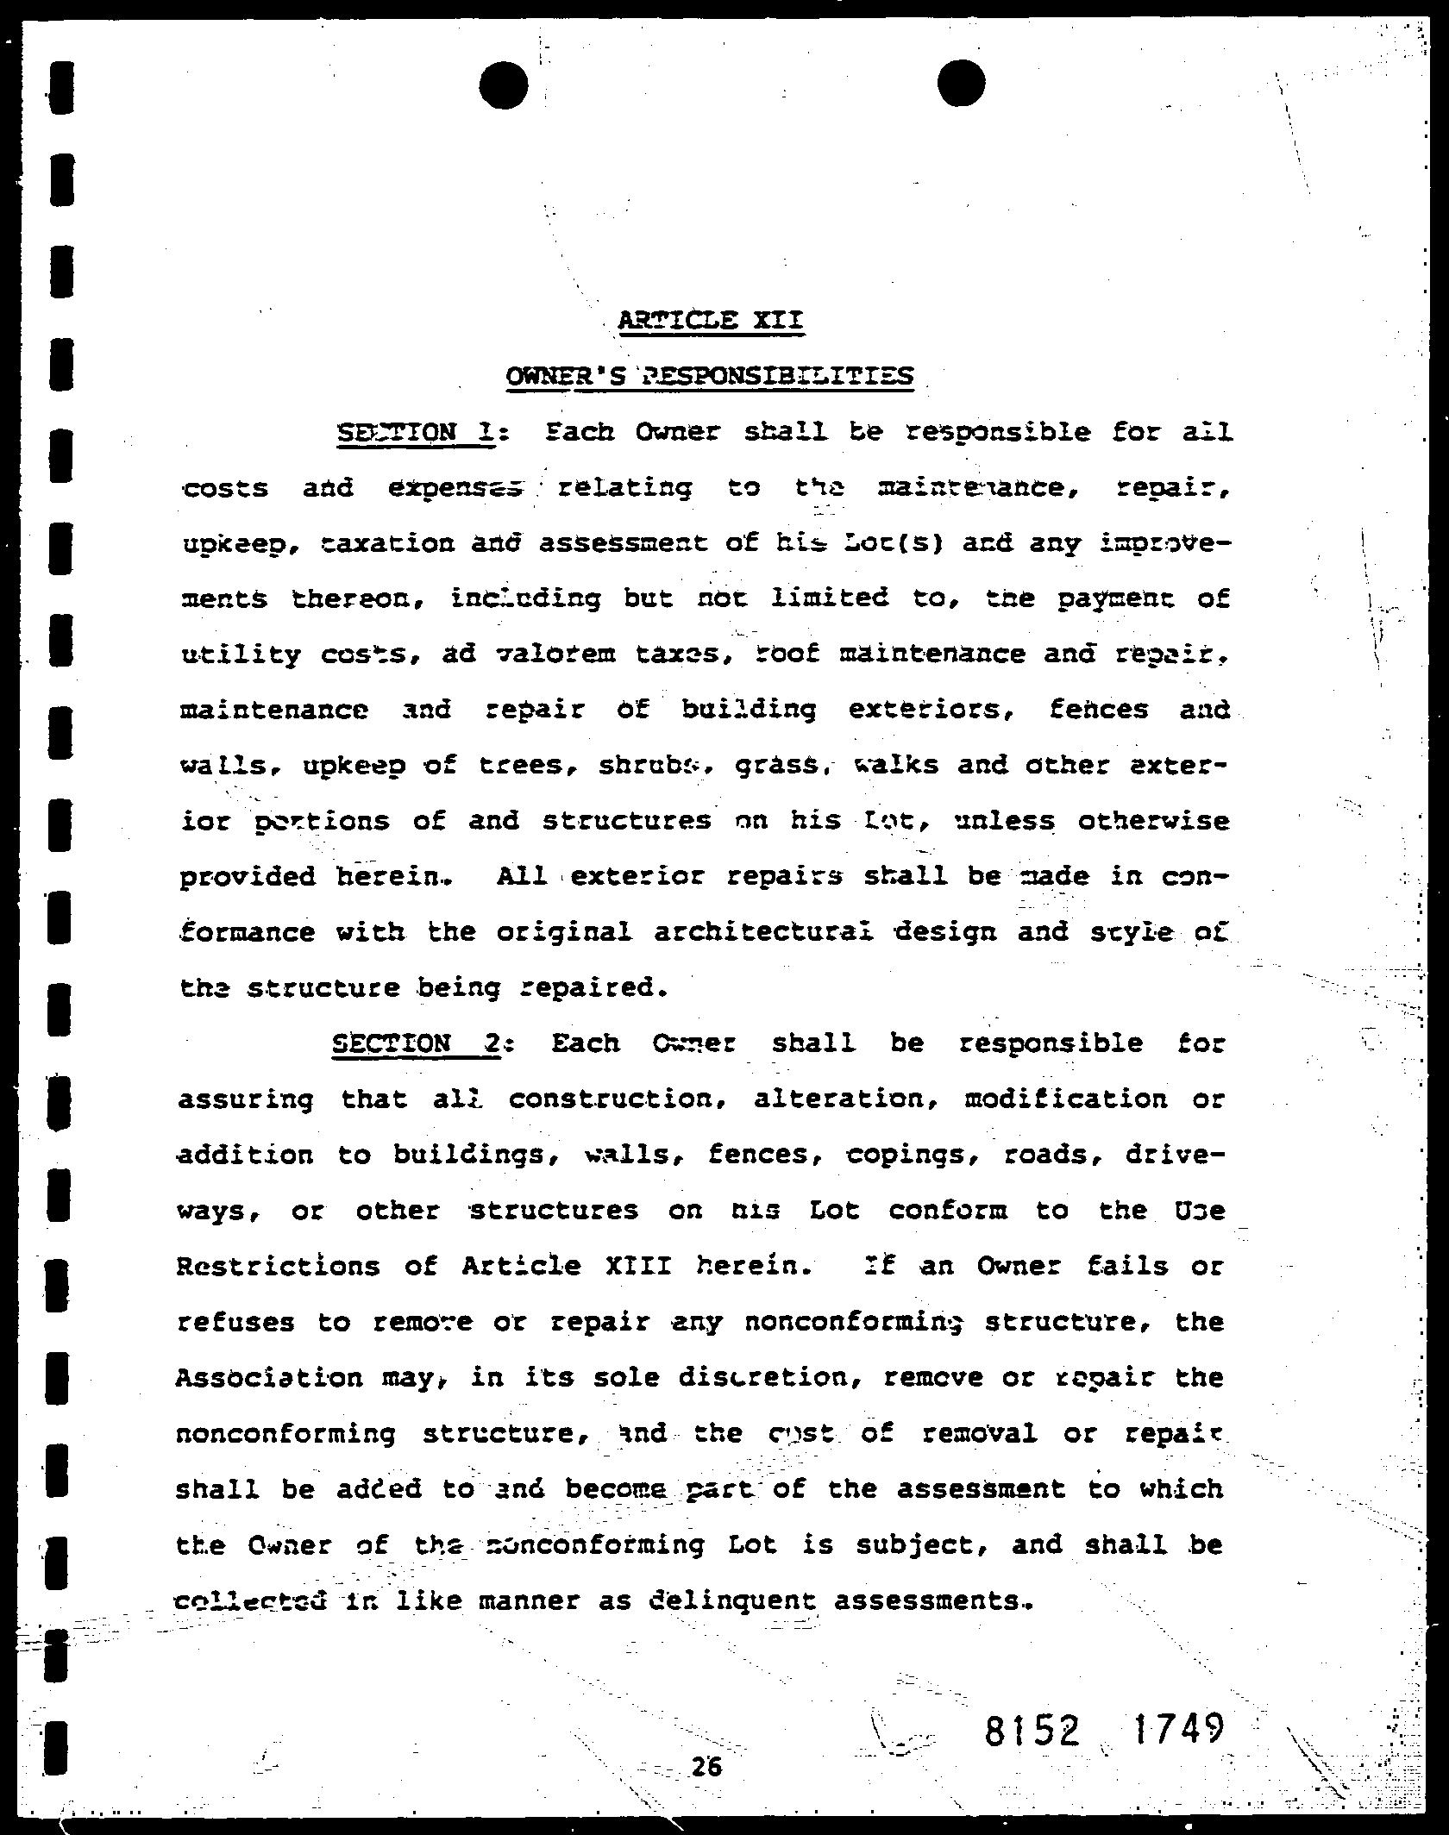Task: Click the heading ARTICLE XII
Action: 711,321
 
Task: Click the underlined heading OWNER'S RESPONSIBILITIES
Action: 709,376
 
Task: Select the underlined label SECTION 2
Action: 417,1043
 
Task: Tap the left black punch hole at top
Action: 503,85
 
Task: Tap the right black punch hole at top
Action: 961,84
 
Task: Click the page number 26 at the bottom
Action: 706,1767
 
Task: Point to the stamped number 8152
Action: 1032,1728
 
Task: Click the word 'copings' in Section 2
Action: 912,1155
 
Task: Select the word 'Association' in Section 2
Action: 269,1377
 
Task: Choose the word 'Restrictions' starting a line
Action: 278,1266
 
